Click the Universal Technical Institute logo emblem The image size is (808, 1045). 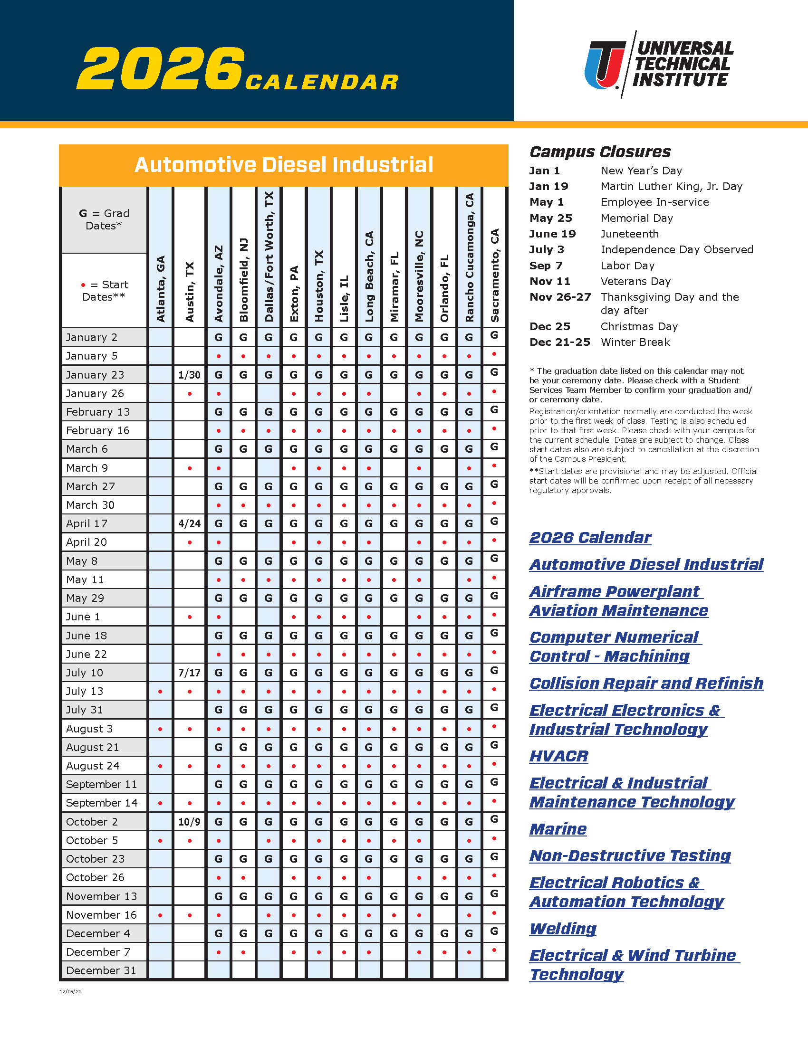[605, 65]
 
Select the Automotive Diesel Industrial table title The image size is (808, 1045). [283, 165]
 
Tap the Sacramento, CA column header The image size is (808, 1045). [494, 275]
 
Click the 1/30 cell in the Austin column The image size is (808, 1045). [189, 375]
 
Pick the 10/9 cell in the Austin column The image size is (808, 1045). [189, 822]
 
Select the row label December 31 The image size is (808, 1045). [101, 970]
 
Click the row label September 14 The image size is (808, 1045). [102, 803]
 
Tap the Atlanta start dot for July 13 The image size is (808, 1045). [160, 692]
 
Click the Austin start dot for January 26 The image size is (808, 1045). [190, 394]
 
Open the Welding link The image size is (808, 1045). [563, 929]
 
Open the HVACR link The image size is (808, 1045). [558, 756]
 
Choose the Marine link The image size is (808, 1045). [558, 829]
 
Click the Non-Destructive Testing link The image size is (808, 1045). [630, 855]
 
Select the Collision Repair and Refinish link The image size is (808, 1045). [646, 683]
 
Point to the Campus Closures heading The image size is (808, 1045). [600, 152]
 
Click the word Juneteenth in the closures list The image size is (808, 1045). [629, 234]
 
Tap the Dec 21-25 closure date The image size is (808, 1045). [559, 342]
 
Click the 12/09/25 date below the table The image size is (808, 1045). [70, 992]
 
